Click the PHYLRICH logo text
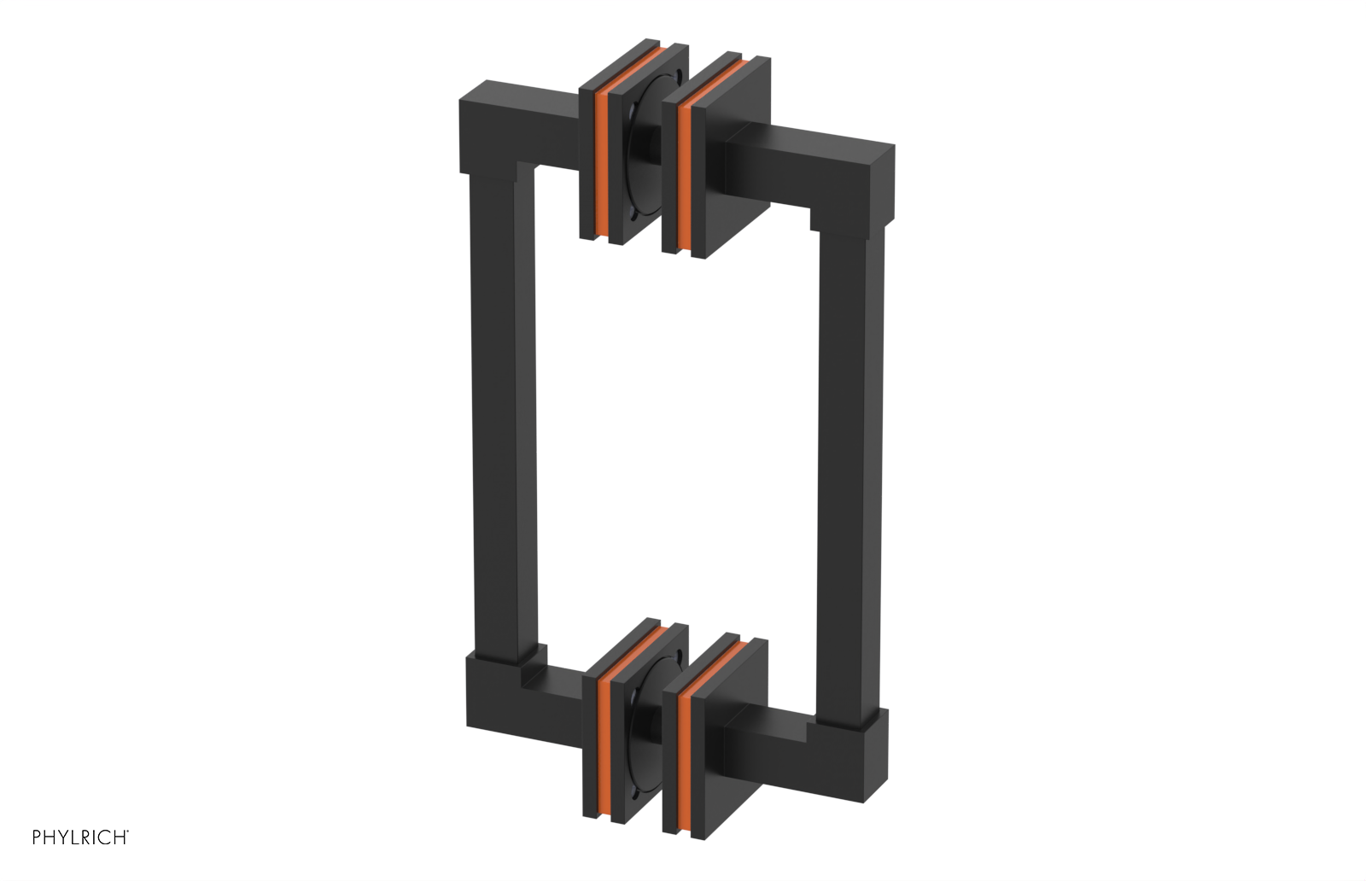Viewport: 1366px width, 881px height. coord(80,837)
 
